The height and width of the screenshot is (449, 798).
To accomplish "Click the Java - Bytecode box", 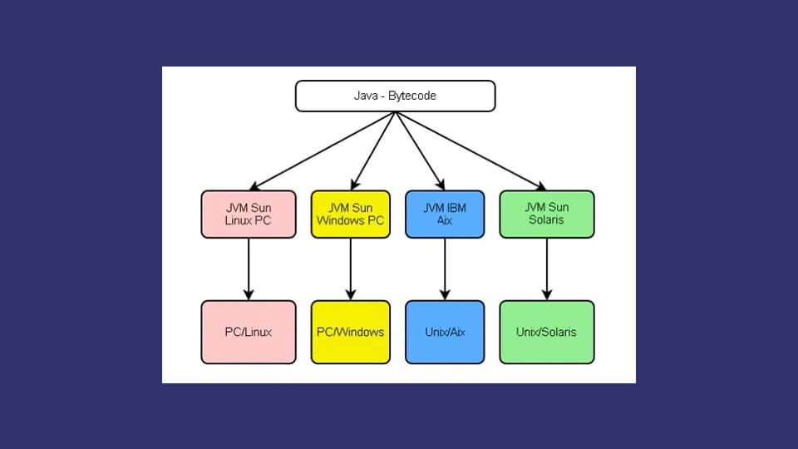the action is click(395, 96).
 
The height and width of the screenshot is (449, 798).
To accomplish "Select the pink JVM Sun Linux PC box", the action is click(249, 215).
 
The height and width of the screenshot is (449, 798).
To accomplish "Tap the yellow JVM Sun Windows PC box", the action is click(351, 215).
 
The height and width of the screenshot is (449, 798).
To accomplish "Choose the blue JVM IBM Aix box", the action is click(445, 215).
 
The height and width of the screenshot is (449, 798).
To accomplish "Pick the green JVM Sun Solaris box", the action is click(547, 215).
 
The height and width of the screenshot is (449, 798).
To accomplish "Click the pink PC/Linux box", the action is click(249, 332).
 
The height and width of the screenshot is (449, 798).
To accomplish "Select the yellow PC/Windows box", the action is click(351, 332).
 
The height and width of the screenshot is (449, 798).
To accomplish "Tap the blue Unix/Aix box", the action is click(445, 332).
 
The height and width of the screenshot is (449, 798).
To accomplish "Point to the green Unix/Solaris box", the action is click(547, 332).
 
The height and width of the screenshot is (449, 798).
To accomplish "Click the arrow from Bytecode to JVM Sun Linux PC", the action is click(323, 151).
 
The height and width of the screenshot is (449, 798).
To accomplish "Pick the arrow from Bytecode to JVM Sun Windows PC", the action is click(373, 151).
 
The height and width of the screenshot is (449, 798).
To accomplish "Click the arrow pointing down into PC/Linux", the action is click(249, 269).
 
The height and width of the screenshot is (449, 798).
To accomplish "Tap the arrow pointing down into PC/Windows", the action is click(351, 269).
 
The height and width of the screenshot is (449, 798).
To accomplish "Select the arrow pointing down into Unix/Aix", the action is click(445, 269).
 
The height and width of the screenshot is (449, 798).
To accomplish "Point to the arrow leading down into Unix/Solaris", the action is click(547, 269).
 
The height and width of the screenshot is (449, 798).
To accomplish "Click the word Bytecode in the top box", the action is click(411, 96).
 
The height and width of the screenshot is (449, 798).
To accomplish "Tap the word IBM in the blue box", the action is click(456, 208).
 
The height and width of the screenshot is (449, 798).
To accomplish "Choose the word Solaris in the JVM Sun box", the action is click(546, 220).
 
